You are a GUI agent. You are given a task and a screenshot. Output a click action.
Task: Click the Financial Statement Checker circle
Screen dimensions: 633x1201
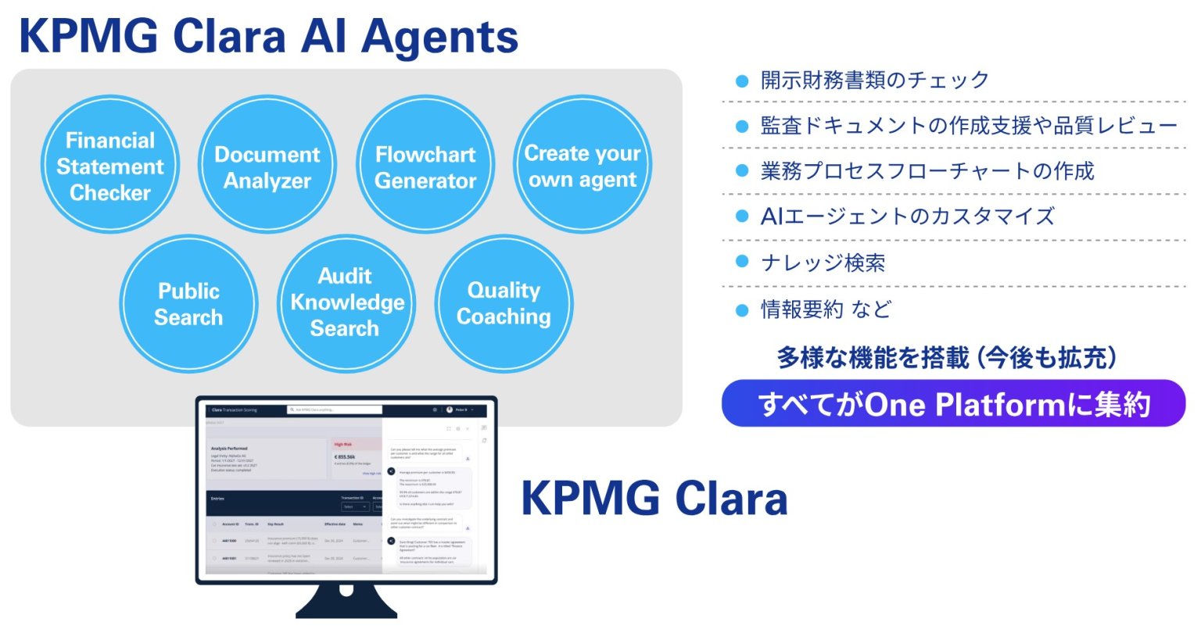pyautogui.click(x=109, y=166)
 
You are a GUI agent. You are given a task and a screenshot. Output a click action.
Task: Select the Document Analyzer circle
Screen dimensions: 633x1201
pyautogui.click(x=267, y=166)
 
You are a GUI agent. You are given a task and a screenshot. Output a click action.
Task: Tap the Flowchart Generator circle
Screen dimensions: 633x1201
pyautogui.click(x=425, y=166)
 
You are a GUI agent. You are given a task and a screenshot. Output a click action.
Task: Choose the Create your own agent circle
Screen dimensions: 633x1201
pyautogui.click(x=582, y=166)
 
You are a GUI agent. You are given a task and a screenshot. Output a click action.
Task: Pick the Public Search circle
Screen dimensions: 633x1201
pyautogui.click(x=188, y=304)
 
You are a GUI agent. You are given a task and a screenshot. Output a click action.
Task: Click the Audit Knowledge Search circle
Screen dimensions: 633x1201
pyautogui.click(x=346, y=304)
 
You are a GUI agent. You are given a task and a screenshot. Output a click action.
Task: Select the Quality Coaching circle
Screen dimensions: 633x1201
pyautogui.click(x=504, y=304)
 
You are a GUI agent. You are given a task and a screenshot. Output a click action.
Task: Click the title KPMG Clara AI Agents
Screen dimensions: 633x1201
pyautogui.click(x=268, y=37)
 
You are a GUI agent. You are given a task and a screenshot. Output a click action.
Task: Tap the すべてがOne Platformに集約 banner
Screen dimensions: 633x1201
pyautogui.click(x=953, y=404)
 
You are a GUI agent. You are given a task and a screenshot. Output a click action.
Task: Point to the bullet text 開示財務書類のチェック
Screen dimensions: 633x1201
pyautogui.click(x=874, y=80)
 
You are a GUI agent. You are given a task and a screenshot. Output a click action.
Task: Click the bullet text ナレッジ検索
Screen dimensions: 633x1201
pyautogui.click(x=823, y=263)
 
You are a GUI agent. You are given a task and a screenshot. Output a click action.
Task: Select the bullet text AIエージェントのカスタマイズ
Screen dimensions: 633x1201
pyautogui.click(x=907, y=216)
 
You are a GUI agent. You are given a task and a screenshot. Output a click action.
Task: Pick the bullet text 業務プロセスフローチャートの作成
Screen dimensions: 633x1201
pyautogui.click(x=927, y=171)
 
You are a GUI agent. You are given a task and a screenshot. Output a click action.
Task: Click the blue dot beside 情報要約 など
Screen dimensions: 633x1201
pyautogui.click(x=742, y=310)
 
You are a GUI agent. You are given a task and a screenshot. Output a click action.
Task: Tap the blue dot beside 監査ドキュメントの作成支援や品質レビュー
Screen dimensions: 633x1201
pyautogui.click(x=742, y=126)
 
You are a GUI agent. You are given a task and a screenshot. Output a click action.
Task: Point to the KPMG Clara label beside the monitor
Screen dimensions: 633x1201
pyautogui.click(x=654, y=499)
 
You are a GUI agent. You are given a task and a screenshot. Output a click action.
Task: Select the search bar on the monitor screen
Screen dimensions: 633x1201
pyautogui.click(x=335, y=409)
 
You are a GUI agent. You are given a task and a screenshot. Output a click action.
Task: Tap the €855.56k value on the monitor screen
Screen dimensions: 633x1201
pyautogui.click(x=345, y=456)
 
